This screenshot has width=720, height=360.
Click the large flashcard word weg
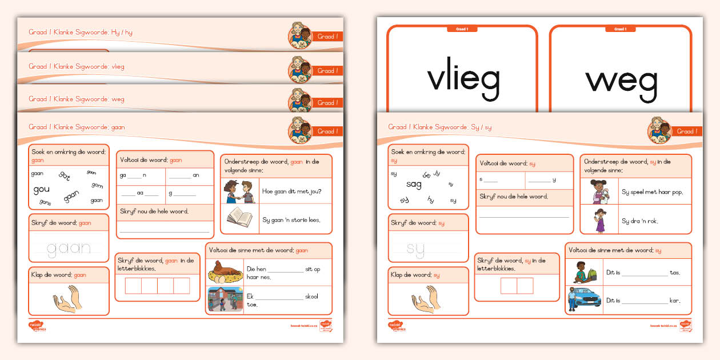[622, 79]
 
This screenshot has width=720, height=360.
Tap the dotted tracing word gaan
[69, 247]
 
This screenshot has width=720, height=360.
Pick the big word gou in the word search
[42, 189]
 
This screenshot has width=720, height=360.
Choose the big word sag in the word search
[414, 184]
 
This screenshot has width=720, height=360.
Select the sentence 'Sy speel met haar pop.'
[651, 192]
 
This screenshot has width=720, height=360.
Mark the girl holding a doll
[598, 191]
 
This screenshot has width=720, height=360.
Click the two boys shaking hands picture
[239, 191]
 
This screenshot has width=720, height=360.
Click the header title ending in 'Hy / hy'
[81, 33]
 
